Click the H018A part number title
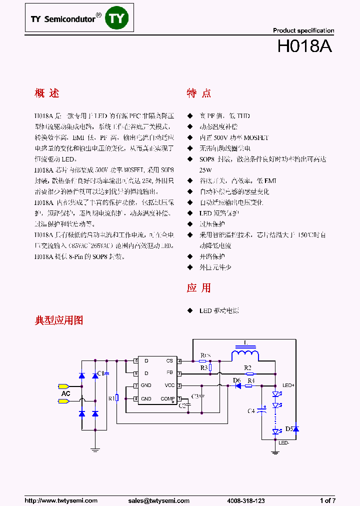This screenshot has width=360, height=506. point(304,46)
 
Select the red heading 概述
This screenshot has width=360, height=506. point(47,93)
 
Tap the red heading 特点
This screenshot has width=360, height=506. point(198,93)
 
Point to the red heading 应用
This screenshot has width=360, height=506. point(198,287)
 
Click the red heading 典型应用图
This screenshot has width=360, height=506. point(59,320)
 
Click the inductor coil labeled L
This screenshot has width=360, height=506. point(245,354)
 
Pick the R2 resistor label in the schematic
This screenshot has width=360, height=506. point(247,367)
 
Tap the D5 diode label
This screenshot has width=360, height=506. point(289,428)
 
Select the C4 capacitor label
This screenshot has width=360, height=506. point(251,410)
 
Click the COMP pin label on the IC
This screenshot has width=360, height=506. point(167,398)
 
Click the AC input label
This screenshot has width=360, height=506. point(65,394)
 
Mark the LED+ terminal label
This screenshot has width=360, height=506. point(288,385)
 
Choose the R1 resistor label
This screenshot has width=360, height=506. point(111,398)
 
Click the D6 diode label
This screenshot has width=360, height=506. point(236,380)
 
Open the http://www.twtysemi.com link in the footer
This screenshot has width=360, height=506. point(61,500)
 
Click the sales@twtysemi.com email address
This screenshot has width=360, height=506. point(158,500)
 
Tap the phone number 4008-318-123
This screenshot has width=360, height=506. point(246,500)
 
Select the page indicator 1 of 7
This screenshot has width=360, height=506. point(327,500)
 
